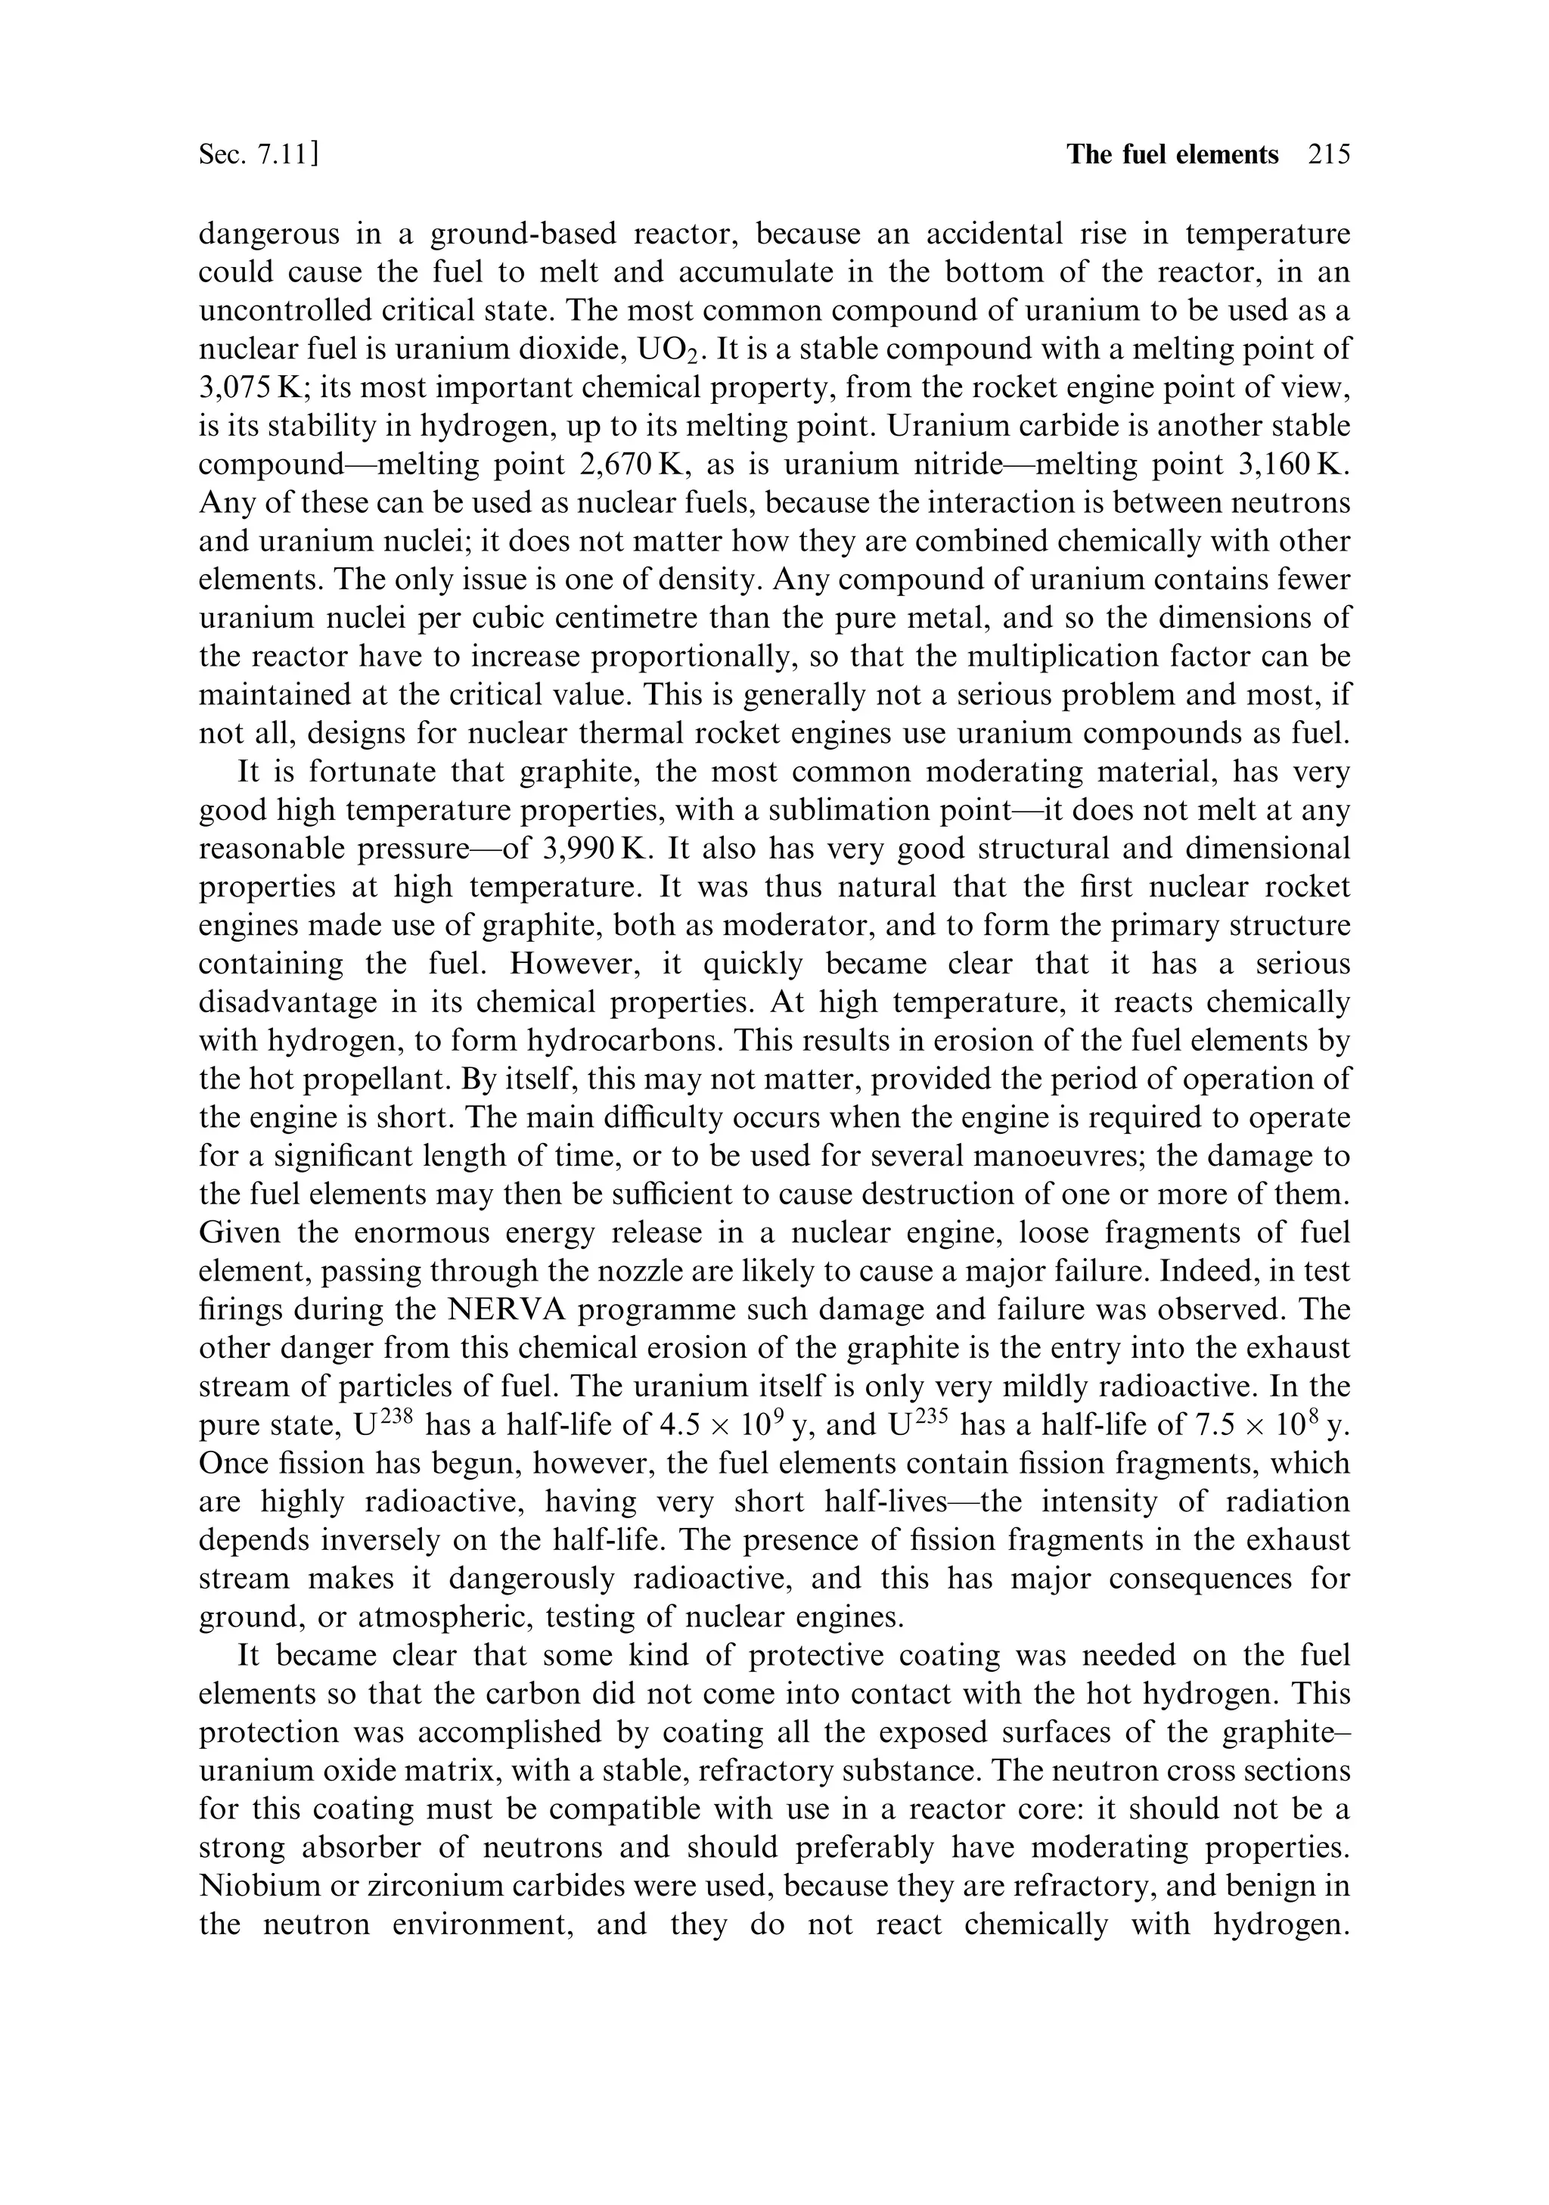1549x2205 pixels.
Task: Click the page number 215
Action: tap(1328, 154)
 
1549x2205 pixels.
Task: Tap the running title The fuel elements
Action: tap(1172, 154)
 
